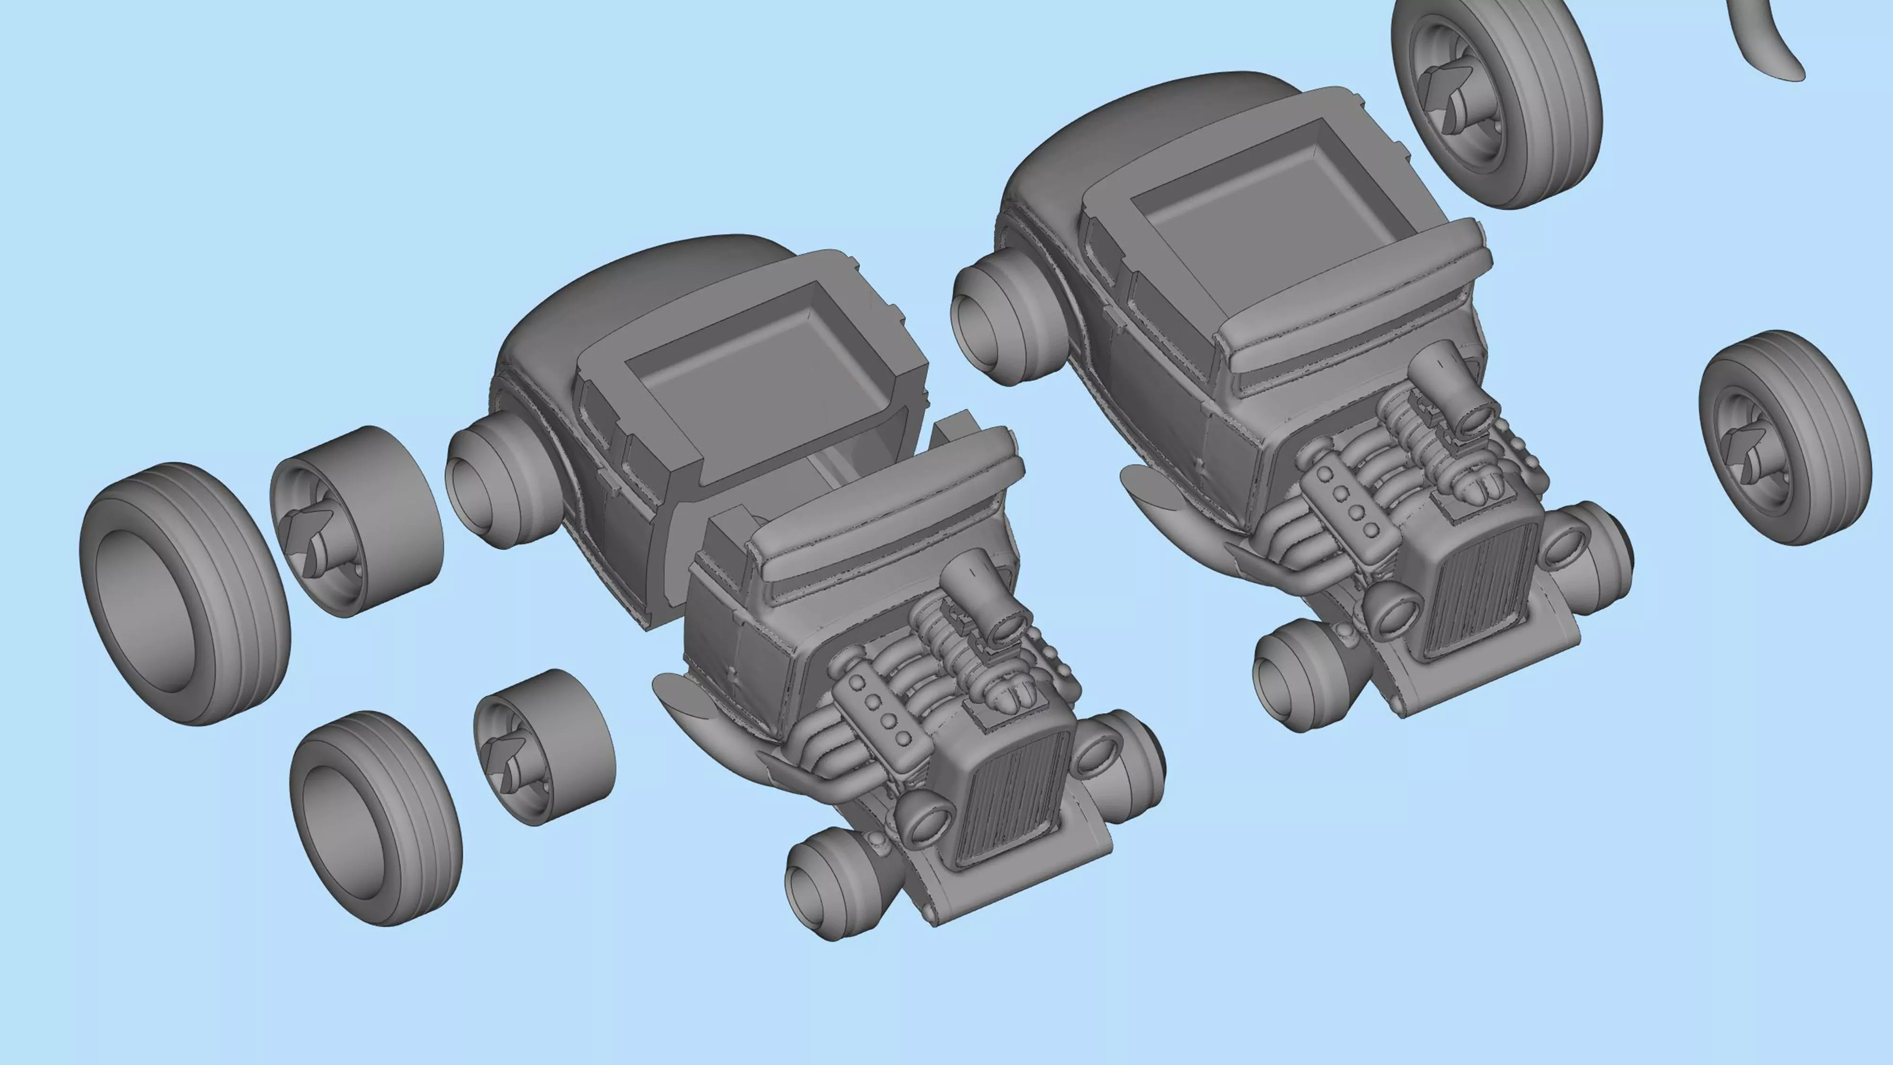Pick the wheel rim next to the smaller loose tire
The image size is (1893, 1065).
tap(544, 746)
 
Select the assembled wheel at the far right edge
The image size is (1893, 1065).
tap(1784, 437)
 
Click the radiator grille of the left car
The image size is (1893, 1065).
tap(1010, 798)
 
